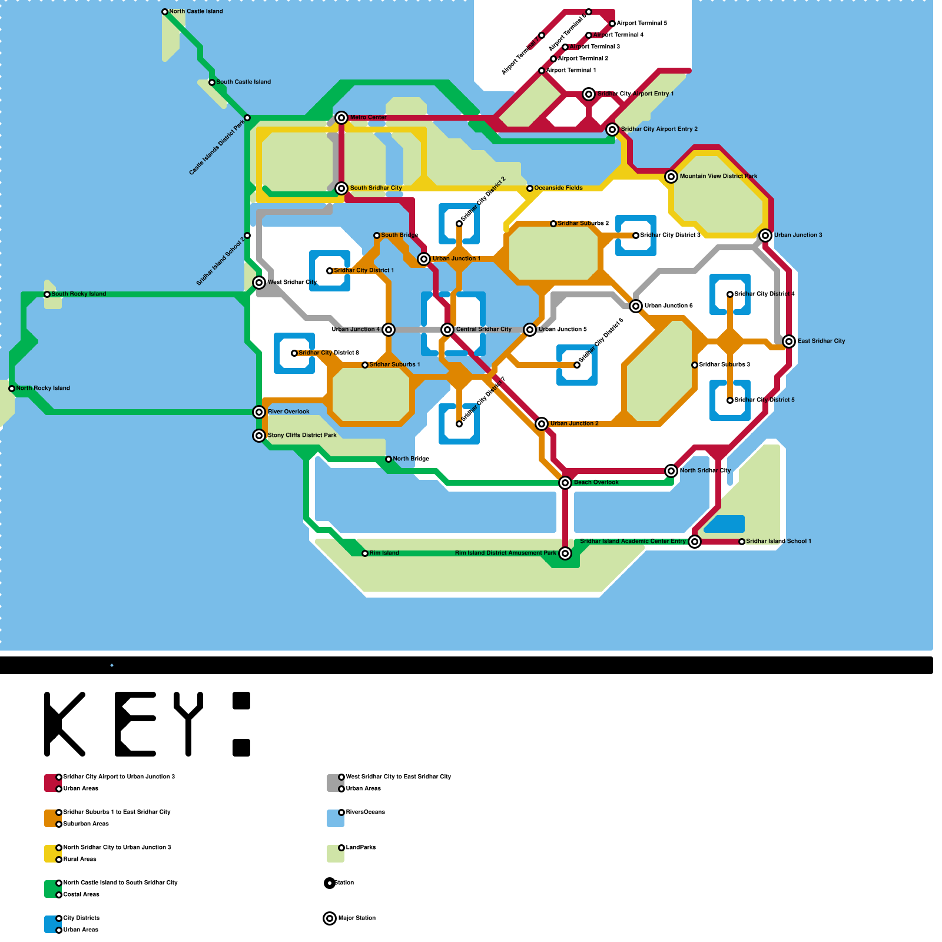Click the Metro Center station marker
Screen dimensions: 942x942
pos(341,118)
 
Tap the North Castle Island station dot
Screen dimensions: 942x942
pos(165,12)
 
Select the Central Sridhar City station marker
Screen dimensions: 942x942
pos(447,330)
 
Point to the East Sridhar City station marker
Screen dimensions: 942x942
pos(789,341)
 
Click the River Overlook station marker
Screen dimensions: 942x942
pos(259,412)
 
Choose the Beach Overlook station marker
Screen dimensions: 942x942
pos(565,483)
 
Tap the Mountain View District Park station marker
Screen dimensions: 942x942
pos(671,177)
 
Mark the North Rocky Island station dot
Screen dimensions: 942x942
pos(12,389)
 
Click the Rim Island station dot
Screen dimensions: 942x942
pos(365,553)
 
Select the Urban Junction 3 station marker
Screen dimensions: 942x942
pos(765,235)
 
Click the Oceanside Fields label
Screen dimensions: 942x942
pos(558,188)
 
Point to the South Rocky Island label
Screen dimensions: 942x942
pos(79,294)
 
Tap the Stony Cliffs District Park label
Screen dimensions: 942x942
pos(302,436)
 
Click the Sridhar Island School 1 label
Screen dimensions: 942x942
pos(778,542)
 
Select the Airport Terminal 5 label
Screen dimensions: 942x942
pos(642,24)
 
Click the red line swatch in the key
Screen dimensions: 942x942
pos(52,783)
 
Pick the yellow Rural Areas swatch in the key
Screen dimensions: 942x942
pos(52,854)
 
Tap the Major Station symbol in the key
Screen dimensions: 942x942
pos(330,918)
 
